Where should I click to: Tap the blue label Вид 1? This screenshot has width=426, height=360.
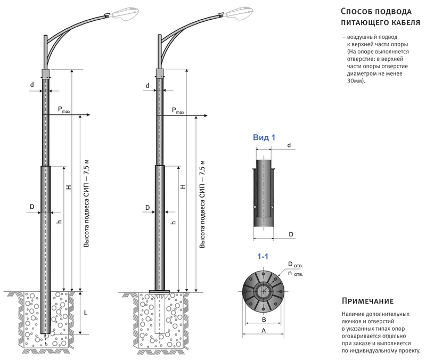264,137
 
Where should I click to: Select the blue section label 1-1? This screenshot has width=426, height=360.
263,257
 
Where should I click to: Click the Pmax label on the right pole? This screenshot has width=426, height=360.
178,110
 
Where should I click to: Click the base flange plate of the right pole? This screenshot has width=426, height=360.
160,291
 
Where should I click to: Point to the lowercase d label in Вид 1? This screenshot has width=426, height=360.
288,145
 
